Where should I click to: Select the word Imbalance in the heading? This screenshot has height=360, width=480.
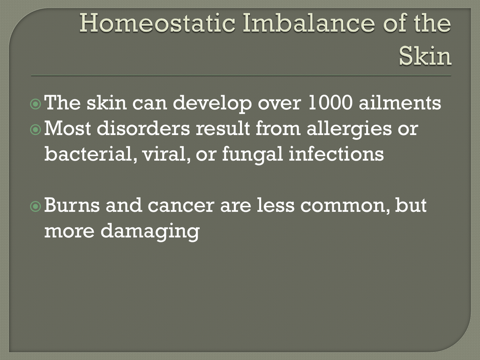point(308,23)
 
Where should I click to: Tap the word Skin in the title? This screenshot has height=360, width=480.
point(425,56)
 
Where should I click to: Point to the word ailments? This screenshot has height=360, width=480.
point(400,103)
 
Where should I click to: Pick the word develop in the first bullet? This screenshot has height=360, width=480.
point(212,104)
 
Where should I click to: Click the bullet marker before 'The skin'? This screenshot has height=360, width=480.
point(36,104)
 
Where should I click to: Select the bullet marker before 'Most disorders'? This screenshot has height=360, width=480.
point(36,130)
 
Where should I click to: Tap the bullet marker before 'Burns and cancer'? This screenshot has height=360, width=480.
point(36,206)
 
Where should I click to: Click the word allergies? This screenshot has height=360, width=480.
point(349,129)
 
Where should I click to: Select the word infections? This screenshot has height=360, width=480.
point(337,154)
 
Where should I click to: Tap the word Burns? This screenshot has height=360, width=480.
point(72,205)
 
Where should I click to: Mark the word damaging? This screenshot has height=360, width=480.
point(150,231)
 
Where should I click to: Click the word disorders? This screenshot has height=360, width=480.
point(143,128)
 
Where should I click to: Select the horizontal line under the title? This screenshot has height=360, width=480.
point(241,75)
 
